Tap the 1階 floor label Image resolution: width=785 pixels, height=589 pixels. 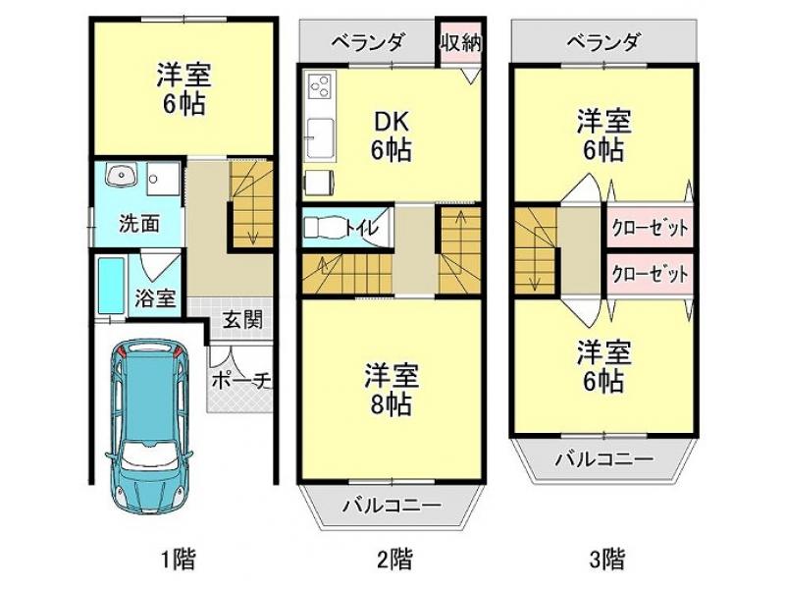pos(179,559)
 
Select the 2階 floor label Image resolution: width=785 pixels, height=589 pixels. pos(395,559)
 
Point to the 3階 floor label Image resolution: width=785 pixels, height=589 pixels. pos(607,559)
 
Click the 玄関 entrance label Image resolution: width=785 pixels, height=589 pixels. pos(242,320)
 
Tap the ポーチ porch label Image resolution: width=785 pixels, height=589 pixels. pos(241,381)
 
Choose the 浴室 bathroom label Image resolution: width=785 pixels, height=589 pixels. pos(155,298)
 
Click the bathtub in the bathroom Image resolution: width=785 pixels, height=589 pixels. pos(111,287)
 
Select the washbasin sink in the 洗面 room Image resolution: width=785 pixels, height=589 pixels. pos(121,176)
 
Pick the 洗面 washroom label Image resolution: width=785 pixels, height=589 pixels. pos(139,224)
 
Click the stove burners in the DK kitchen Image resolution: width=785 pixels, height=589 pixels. pos(321,86)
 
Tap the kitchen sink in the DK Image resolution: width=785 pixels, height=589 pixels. pos(321,138)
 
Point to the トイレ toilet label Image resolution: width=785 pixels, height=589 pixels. pos(361,229)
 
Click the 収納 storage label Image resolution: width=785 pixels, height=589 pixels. pos(461,43)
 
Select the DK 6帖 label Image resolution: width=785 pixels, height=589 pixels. pos(391,135)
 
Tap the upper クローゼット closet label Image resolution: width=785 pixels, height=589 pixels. pos(651,229)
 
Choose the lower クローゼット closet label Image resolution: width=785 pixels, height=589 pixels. pos(651,274)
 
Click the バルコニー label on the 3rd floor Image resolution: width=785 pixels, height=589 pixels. pos(603,458)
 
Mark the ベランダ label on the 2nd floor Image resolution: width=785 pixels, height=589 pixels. pos(368,42)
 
